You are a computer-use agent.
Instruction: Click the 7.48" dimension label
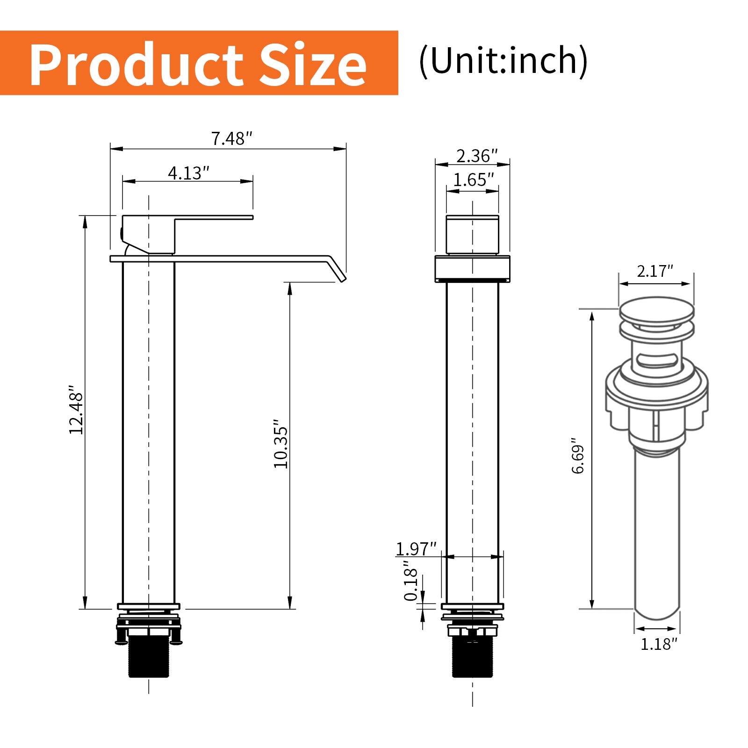232,139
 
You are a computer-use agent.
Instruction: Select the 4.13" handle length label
188,173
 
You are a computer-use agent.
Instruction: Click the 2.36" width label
476,156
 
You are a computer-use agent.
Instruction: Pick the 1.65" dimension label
473,180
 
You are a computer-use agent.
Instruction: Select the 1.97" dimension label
416,549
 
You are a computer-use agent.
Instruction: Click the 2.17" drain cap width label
654,271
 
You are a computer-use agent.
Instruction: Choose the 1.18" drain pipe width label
658,644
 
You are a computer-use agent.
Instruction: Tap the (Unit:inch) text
503,61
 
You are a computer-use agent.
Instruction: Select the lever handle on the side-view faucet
213,217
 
